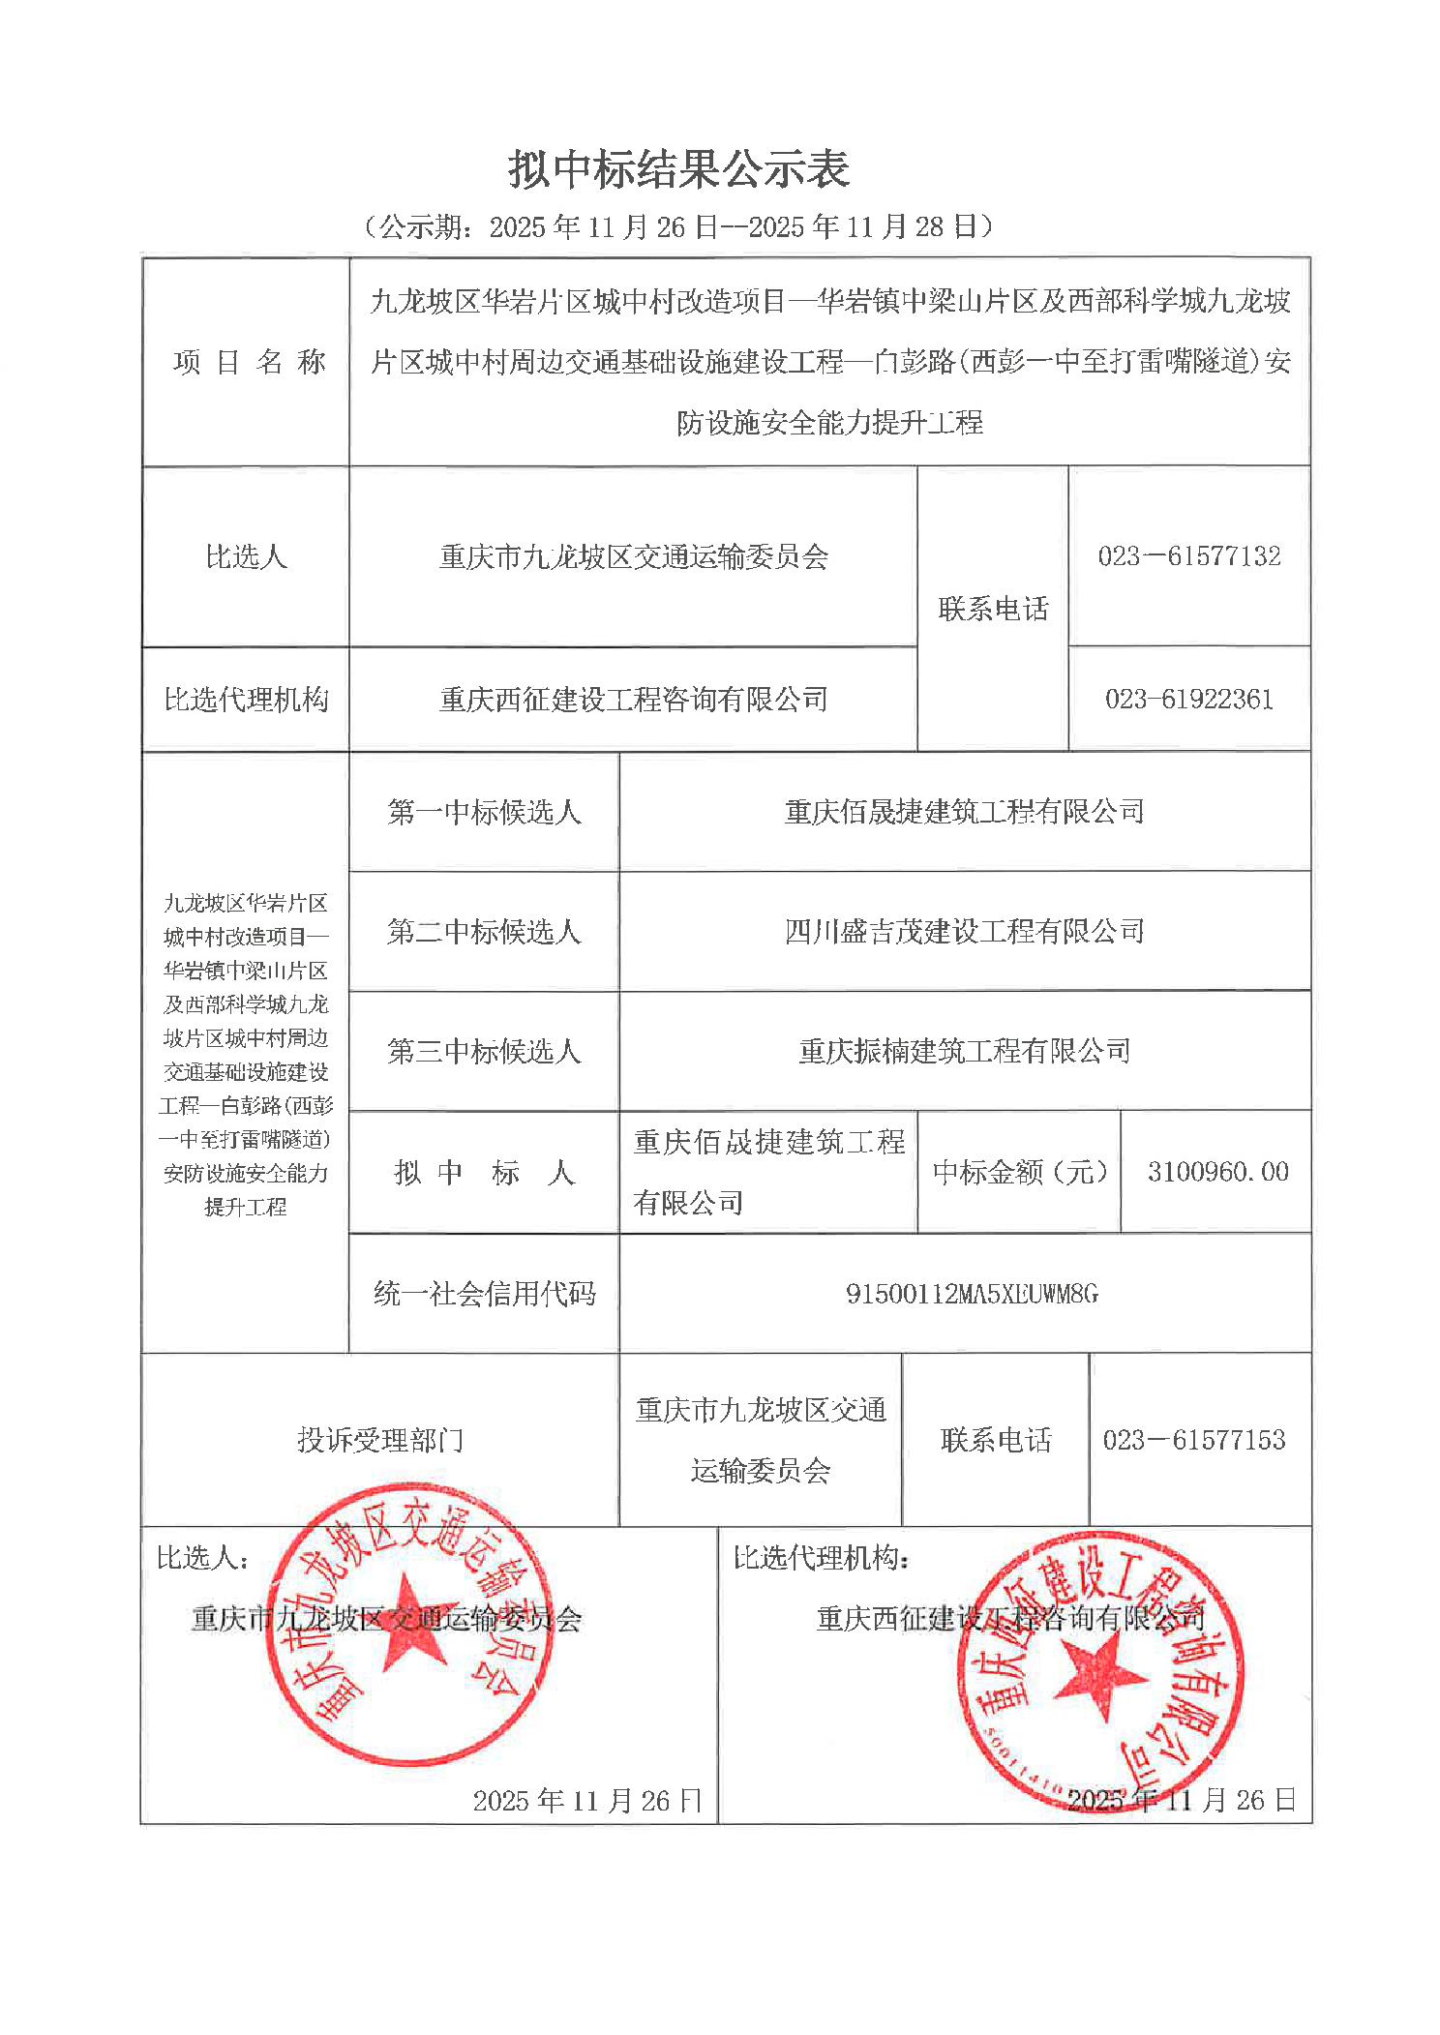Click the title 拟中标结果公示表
(678, 169)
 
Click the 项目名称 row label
(249, 362)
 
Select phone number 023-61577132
(1188, 555)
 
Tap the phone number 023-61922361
(1188, 699)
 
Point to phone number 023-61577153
(1193, 1440)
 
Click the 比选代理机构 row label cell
(246, 699)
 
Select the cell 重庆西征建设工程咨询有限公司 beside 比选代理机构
(633, 699)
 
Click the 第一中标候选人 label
(484, 811)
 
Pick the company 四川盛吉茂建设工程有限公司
(964, 931)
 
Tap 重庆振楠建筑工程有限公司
(964, 1051)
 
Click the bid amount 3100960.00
(1217, 1172)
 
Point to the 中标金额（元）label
(1019, 1172)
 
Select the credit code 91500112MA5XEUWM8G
(972, 1294)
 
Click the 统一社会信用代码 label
(484, 1294)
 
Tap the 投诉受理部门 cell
(379, 1440)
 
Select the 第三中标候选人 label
(484, 1051)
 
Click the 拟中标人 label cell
(484, 1172)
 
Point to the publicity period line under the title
(678, 226)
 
